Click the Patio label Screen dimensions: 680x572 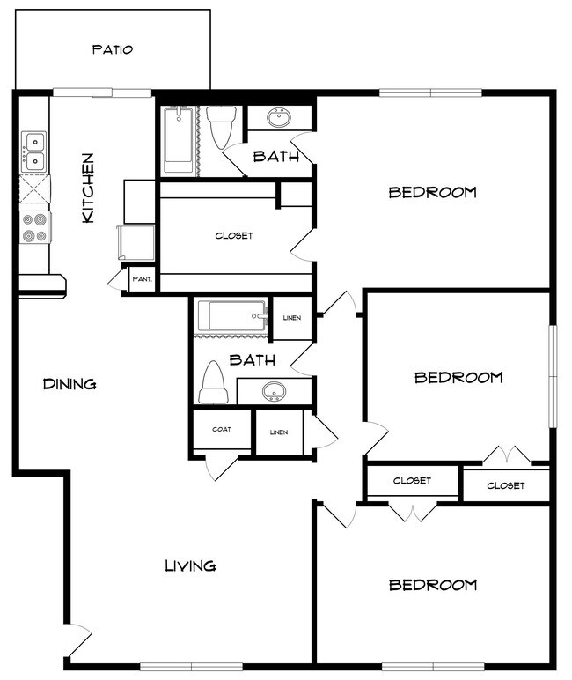113,49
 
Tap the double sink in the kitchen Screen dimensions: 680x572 34,152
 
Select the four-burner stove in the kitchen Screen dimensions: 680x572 34,227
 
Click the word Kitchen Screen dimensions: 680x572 88,188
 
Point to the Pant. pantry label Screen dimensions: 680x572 142,279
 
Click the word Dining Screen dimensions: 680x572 70,384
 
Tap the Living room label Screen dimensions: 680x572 190,565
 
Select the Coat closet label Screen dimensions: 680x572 222,429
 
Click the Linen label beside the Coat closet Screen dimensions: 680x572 279,432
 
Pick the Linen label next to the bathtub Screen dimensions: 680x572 291,319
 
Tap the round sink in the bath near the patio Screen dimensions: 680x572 280,118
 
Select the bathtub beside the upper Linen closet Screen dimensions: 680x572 231,315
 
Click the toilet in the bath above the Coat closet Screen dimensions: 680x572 213,383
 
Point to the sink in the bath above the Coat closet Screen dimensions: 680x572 274,390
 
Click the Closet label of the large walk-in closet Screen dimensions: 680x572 234,236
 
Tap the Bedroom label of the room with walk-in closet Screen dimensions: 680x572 433,192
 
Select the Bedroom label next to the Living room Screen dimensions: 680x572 433,585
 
